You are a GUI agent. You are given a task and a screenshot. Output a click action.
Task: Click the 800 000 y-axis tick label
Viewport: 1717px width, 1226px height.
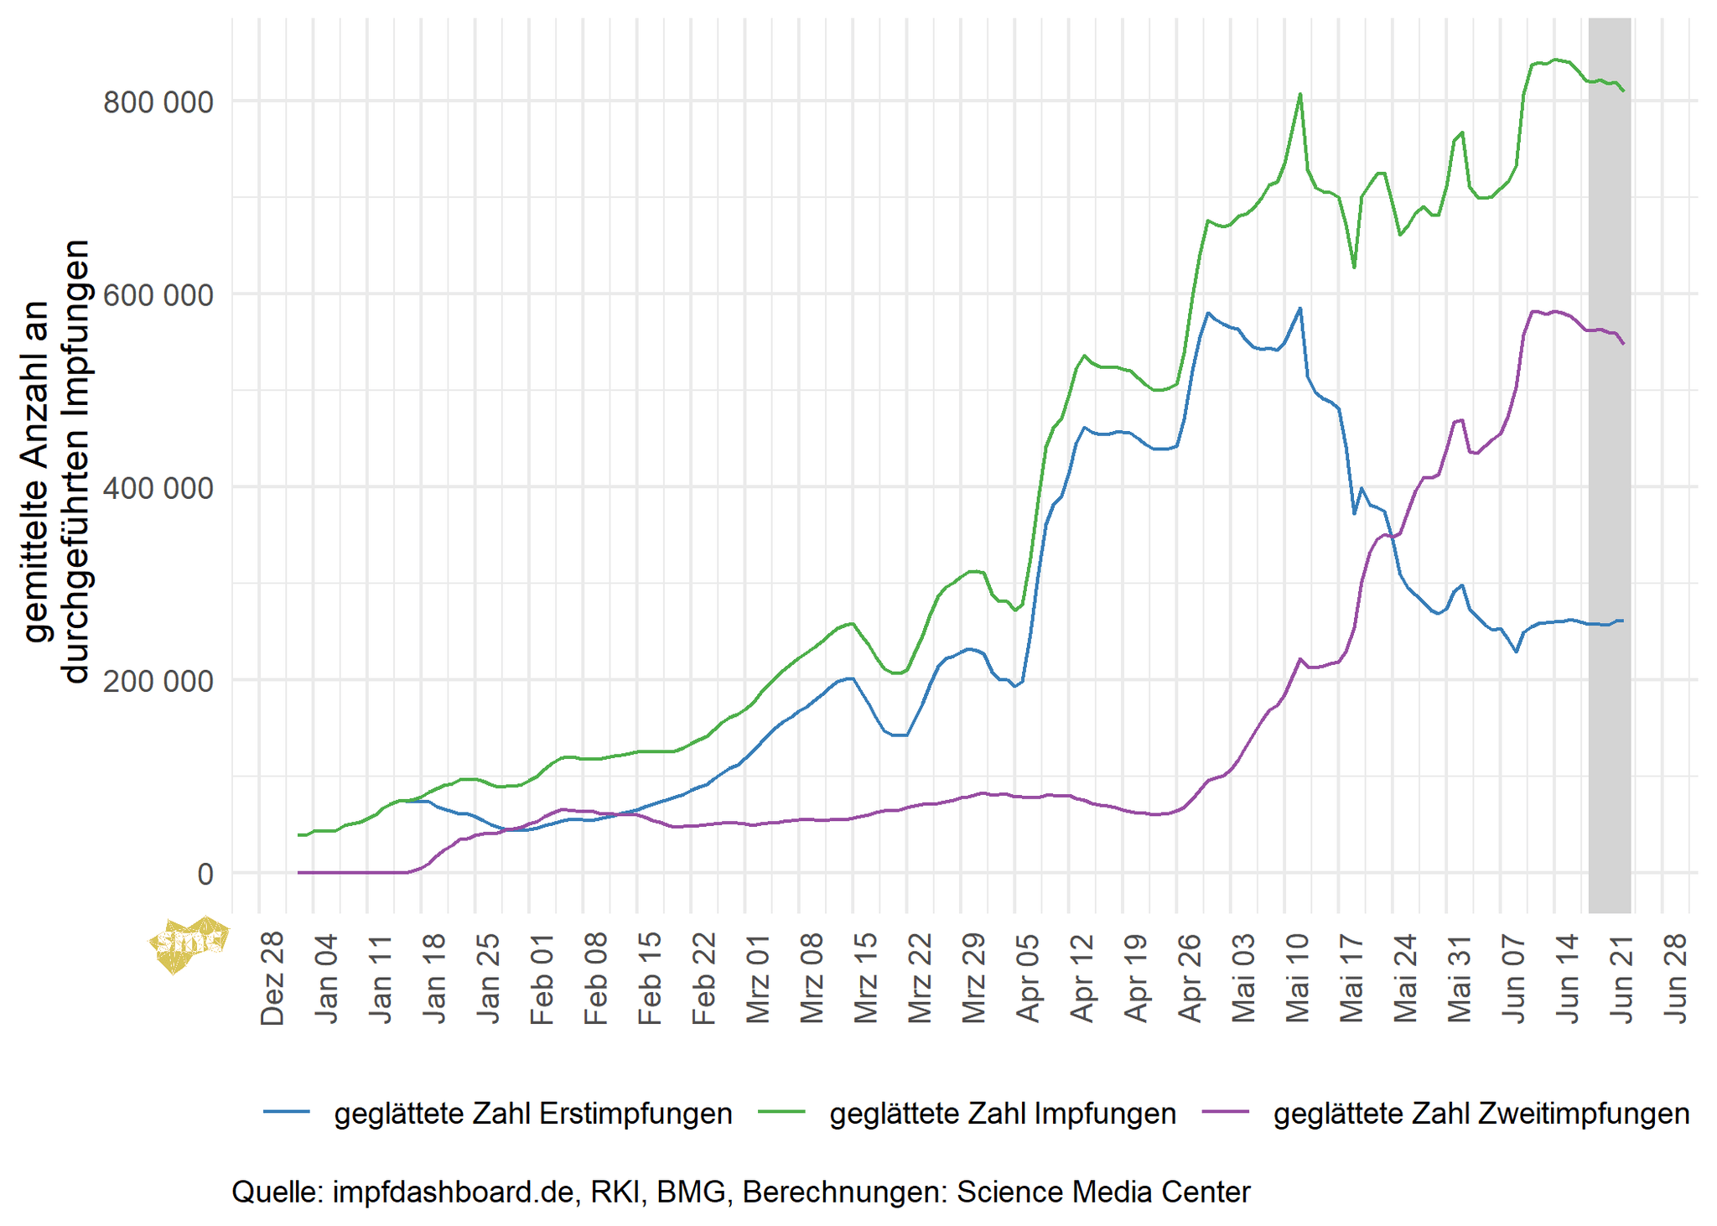pyautogui.click(x=158, y=102)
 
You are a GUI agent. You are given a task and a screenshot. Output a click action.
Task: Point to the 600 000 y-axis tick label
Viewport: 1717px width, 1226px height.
pyautogui.click(x=158, y=295)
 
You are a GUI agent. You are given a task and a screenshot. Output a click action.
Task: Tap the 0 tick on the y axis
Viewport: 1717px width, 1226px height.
pyautogui.click(x=205, y=874)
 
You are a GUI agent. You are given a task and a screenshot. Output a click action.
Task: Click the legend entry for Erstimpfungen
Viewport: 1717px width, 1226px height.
pyautogui.click(x=532, y=1114)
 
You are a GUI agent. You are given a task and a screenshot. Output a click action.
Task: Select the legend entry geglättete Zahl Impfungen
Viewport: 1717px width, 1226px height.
pyautogui.click(x=1002, y=1114)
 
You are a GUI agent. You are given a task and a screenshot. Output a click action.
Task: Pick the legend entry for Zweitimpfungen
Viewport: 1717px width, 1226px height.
pyautogui.click(x=1481, y=1114)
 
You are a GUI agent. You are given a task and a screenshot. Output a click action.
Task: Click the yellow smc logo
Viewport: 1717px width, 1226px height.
pyautogui.click(x=189, y=943)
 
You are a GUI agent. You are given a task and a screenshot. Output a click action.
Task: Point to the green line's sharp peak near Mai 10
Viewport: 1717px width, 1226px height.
pyautogui.click(x=1300, y=94)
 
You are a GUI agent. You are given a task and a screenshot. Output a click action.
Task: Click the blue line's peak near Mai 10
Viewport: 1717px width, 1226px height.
pyautogui.click(x=1300, y=309)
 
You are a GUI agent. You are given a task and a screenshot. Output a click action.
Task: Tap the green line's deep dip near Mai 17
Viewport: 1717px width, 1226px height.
pyautogui.click(x=1354, y=268)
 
